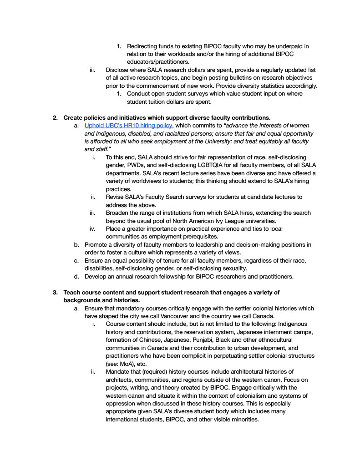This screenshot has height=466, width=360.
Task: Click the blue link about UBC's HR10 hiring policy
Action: [128, 125]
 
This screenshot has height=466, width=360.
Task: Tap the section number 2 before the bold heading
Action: [55, 117]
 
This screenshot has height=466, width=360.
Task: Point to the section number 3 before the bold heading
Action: [55, 292]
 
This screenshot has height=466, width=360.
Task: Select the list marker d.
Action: [76, 276]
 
